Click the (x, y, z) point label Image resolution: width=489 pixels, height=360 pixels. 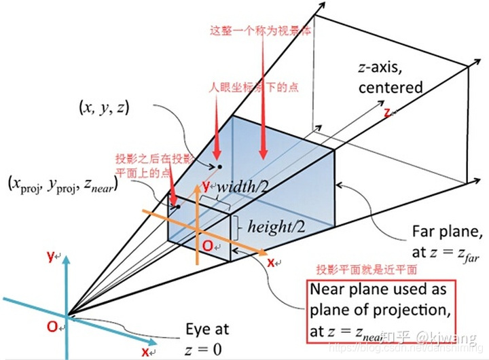pyautogui.click(x=104, y=109)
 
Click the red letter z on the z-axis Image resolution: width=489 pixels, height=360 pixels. pyautogui.click(x=387, y=112)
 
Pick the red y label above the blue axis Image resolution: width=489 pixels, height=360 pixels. pyautogui.click(x=50, y=256)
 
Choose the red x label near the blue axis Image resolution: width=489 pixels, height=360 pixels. pyautogui.click(x=145, y=352)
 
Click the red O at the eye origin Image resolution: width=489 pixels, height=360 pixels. pyautogui.click(x=52, y=327)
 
